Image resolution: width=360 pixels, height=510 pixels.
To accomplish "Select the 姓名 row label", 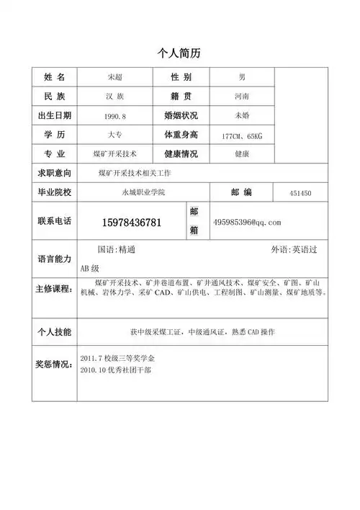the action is click(54, 77).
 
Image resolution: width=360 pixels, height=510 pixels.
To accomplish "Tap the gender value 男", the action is click(241, 77).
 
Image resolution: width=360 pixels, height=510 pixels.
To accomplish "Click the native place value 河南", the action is click(241, 97).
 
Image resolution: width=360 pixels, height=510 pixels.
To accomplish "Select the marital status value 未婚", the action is click(241, 116).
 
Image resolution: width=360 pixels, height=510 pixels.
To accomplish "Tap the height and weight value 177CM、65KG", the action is click(242, 135).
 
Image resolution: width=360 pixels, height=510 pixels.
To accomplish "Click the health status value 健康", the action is click(241, 153).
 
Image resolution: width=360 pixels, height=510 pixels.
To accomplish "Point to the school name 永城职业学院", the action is click(143, 192).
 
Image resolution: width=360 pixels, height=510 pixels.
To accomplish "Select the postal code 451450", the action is click(300, 193).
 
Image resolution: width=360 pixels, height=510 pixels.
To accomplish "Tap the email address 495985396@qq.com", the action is click(247, 222).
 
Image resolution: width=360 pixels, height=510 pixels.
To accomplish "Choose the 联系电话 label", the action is click(54, 222).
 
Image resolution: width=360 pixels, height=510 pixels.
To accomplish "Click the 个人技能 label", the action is click(54, 332).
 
